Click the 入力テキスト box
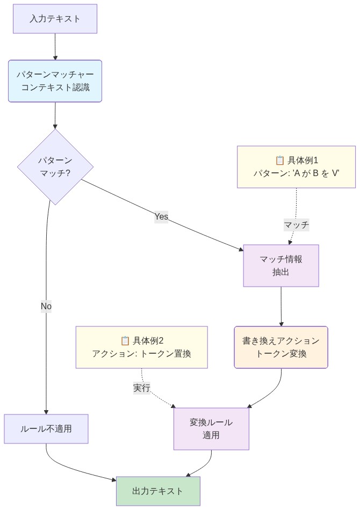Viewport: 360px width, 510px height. pos(55,19)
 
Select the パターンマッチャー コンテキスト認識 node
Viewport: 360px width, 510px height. pos(55,81)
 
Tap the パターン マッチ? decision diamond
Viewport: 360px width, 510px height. pos(55,167)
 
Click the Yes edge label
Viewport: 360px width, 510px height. pos(161,216)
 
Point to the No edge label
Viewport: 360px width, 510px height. pos(46,306)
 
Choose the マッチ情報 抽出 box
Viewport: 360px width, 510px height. pos(281,266)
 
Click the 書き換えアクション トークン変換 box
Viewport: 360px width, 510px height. pos(281,347)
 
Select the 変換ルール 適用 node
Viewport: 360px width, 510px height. pos(211,429)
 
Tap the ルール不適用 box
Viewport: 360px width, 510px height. pos(46,429)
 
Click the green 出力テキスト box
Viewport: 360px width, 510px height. pos(158,491)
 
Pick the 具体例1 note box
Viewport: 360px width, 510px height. pos(296,167)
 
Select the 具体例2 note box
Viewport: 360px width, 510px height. pos(141,347)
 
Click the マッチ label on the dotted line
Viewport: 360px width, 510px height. pos(296,225)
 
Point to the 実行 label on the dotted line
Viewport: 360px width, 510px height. pos(142,388)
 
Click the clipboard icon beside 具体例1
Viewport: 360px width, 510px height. pos(279,160)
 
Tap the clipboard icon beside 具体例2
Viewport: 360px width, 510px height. pos(125,340)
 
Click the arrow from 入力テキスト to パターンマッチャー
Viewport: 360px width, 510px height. pos(55,47)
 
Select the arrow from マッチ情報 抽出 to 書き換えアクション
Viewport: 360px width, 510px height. pos(281,306)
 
